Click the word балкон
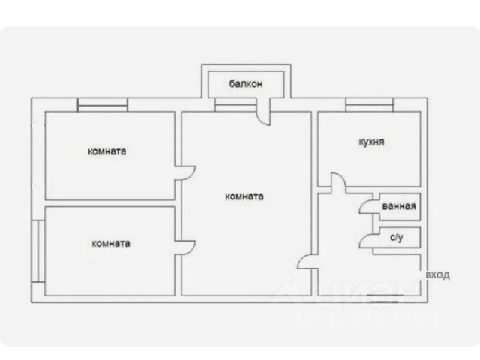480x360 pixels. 245,84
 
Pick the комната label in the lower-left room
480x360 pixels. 110,243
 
